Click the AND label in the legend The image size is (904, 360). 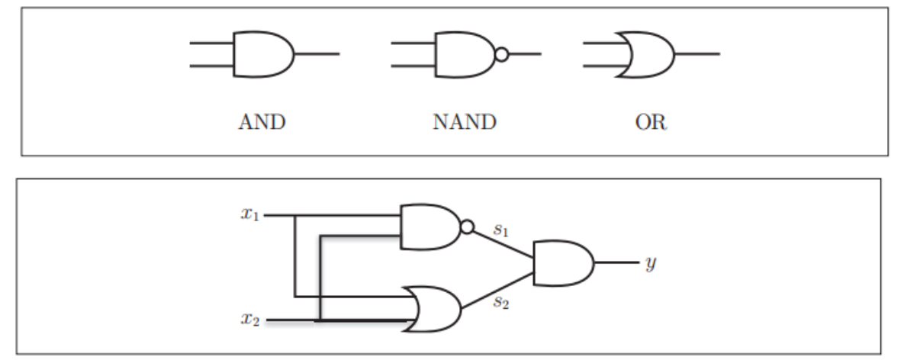(262, 122)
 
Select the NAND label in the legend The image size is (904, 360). (465, 122)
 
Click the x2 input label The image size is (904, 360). (250, 321)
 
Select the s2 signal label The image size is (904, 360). (500, 302)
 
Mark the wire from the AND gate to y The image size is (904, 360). (616, 262)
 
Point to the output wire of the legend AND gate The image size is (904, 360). (317, 54)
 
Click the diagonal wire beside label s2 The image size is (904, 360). (496, 291)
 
